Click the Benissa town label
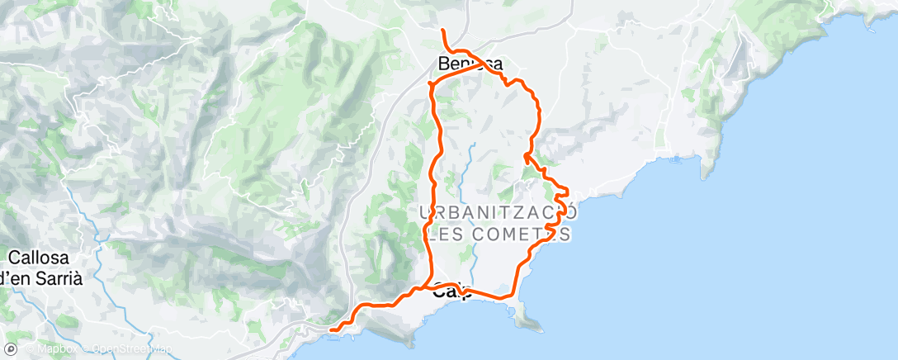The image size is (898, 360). pyautogui.click(x=471, y=64)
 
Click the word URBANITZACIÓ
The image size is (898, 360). pyautogui.click(x=498, y=213)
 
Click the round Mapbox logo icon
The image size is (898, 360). pyautogui.click(x=10, y=349)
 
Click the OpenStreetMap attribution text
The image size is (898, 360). pyautogui.click(x=132, y=350)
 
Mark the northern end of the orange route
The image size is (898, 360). pyautogui.click(x=443, y=31)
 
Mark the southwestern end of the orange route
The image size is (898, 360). pyautogui.click(x=331, y=329)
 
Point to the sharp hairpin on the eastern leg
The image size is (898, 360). pyautogui.click(x=526, y=154)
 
